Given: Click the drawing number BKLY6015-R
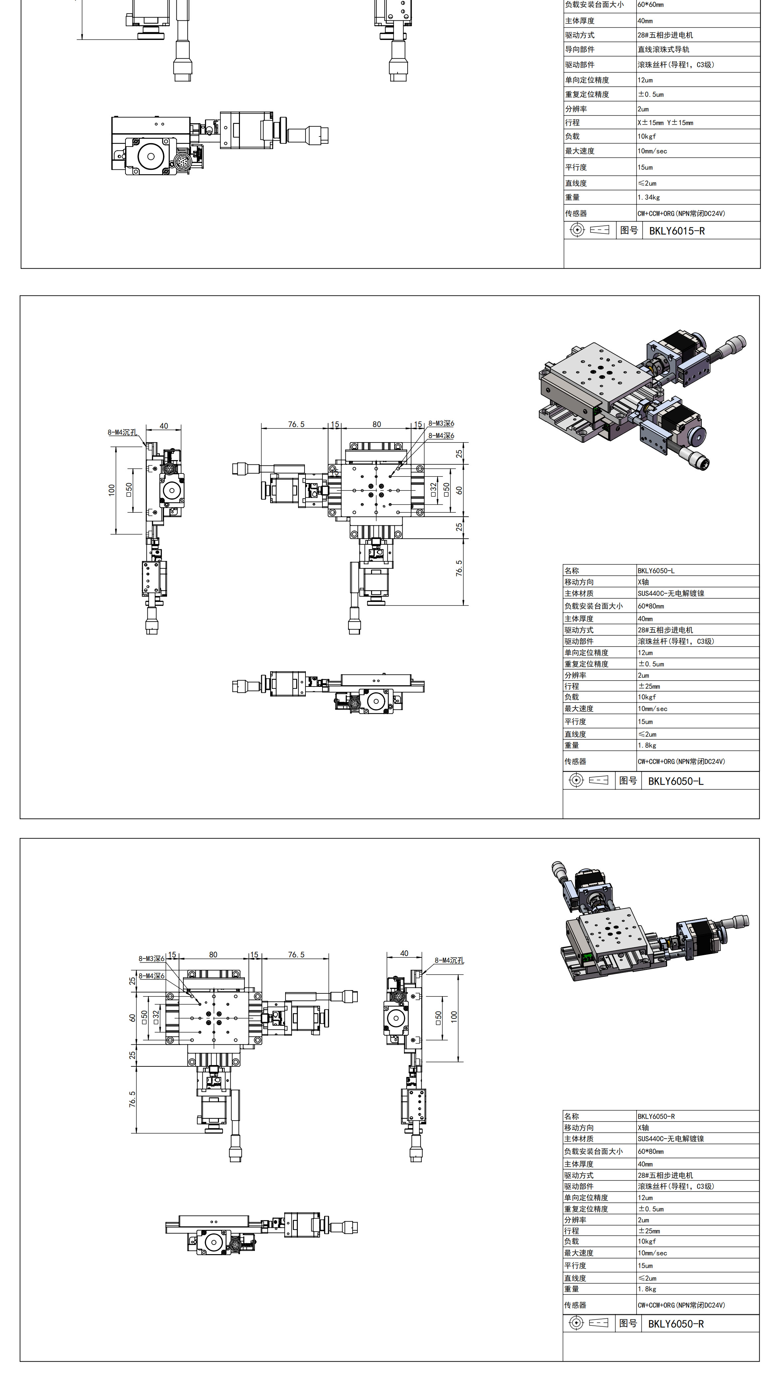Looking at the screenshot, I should pos(677,231).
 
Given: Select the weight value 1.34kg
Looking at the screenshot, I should pos(649,197).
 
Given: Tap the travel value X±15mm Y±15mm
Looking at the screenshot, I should pos(665,123).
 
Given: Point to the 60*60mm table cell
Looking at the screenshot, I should pos(650,5).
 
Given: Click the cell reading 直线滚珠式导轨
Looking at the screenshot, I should pos(663,49).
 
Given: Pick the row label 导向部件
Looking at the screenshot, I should pos(580,49).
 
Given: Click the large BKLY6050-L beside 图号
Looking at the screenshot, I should pos(676,781).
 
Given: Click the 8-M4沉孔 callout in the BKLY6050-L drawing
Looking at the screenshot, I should pos(122,432).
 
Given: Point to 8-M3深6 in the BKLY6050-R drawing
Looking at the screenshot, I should pos(152,959).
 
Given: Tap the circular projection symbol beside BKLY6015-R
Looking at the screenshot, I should pos(577,230).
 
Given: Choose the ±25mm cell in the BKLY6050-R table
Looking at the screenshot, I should pos(649,1231).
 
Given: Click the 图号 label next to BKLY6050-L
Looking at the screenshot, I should pos(628,781).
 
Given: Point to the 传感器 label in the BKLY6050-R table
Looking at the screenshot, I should pos(575,1305).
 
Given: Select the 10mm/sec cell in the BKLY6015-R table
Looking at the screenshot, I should pos(652,151).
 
